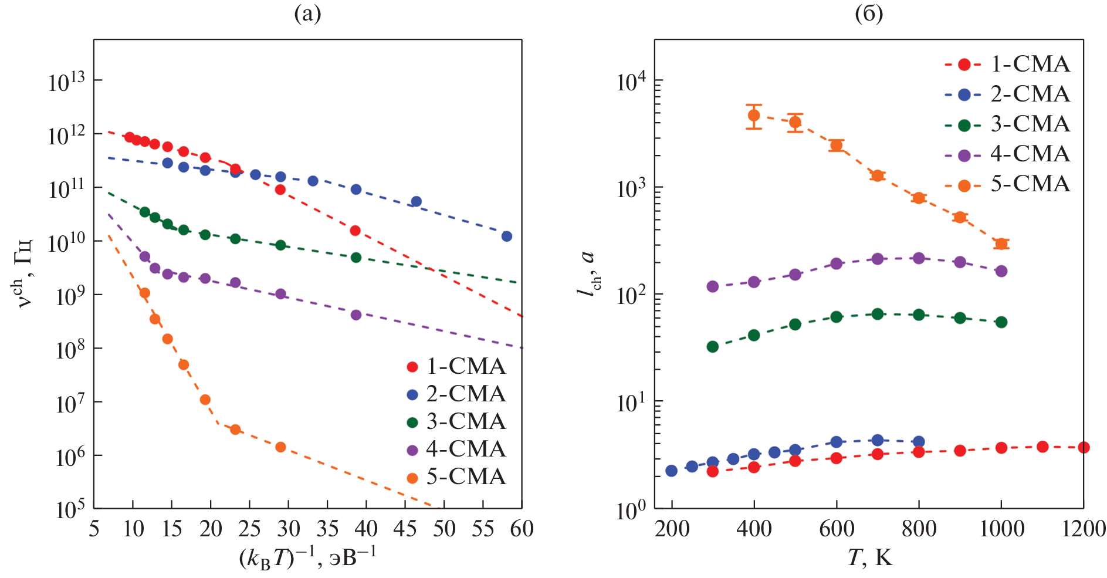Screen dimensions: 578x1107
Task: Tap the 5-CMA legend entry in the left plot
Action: pyautogui.click(x=456, y=476)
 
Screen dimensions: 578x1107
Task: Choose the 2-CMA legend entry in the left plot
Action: pyautogui.click(x=456, y=394)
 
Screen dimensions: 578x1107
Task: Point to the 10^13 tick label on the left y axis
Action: pyautogui.click(x=66, y=81)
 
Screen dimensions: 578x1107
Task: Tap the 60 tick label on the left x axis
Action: pyautogui.click(x=522, y=529)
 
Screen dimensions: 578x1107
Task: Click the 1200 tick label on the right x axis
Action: pyautogui.click(x=1084, y=529)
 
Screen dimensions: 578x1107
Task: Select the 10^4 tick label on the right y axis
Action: pyautogui.click(x=632, y=81)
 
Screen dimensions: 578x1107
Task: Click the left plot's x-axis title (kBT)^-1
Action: pyautogui.click(x=307, y=557)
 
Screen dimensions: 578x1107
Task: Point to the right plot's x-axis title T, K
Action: pyautogui.click(x=869, y=557)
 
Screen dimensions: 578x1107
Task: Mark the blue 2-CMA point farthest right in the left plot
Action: pyautogui.click(x=507, y=236)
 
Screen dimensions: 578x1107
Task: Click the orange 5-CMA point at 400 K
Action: pyautogui.click(x=754, y=116)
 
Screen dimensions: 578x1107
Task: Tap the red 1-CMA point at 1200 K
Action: pyautogui.click(x=1084, y=448)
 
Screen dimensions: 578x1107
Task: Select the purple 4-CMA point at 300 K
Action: pyautogui.click(x=713, y=286)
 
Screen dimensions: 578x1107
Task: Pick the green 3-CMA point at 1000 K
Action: pyautogui.click(x=1001, y=322)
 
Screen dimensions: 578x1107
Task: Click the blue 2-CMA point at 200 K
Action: pyautogui.click(x=672, y=471)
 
